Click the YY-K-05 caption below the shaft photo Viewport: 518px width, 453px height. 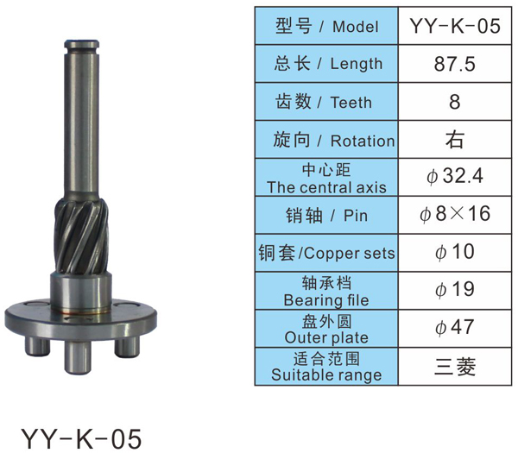click(81, 438)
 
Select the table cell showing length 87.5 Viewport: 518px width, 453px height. click(455, 64)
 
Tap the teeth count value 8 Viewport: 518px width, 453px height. click(455, 101)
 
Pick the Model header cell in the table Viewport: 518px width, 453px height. click(326, 26)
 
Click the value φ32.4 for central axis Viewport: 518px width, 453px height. click(455, 176)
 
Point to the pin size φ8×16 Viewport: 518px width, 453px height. click(455, 214)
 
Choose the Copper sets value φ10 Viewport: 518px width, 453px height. click(455, 252)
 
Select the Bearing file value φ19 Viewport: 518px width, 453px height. click(455, 290)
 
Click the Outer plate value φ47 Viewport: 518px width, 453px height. click(455, 327)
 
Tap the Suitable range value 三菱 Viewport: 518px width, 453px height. click(455, 366)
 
